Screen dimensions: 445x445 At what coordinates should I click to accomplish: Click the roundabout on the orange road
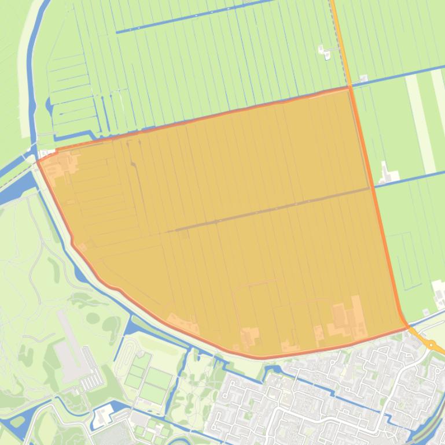pyautogui.click(x=431, y=345)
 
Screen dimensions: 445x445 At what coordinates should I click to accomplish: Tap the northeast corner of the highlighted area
pyautogui.click(x=349, y=88)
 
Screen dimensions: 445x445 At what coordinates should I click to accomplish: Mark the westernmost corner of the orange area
pyautogui.click(x=38, y=162)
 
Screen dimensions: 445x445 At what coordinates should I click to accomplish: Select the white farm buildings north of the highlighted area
pyautogui.click(x=325, y=53)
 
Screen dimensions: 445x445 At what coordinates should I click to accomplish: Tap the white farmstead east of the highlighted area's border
pyautogui.click(x=387, y=173)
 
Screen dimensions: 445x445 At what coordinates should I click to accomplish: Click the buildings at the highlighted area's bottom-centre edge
pyautogui.click(x=250, y=336)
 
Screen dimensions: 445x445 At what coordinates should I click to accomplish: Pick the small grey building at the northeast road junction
pyautogui.click(x=364, y=78)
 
